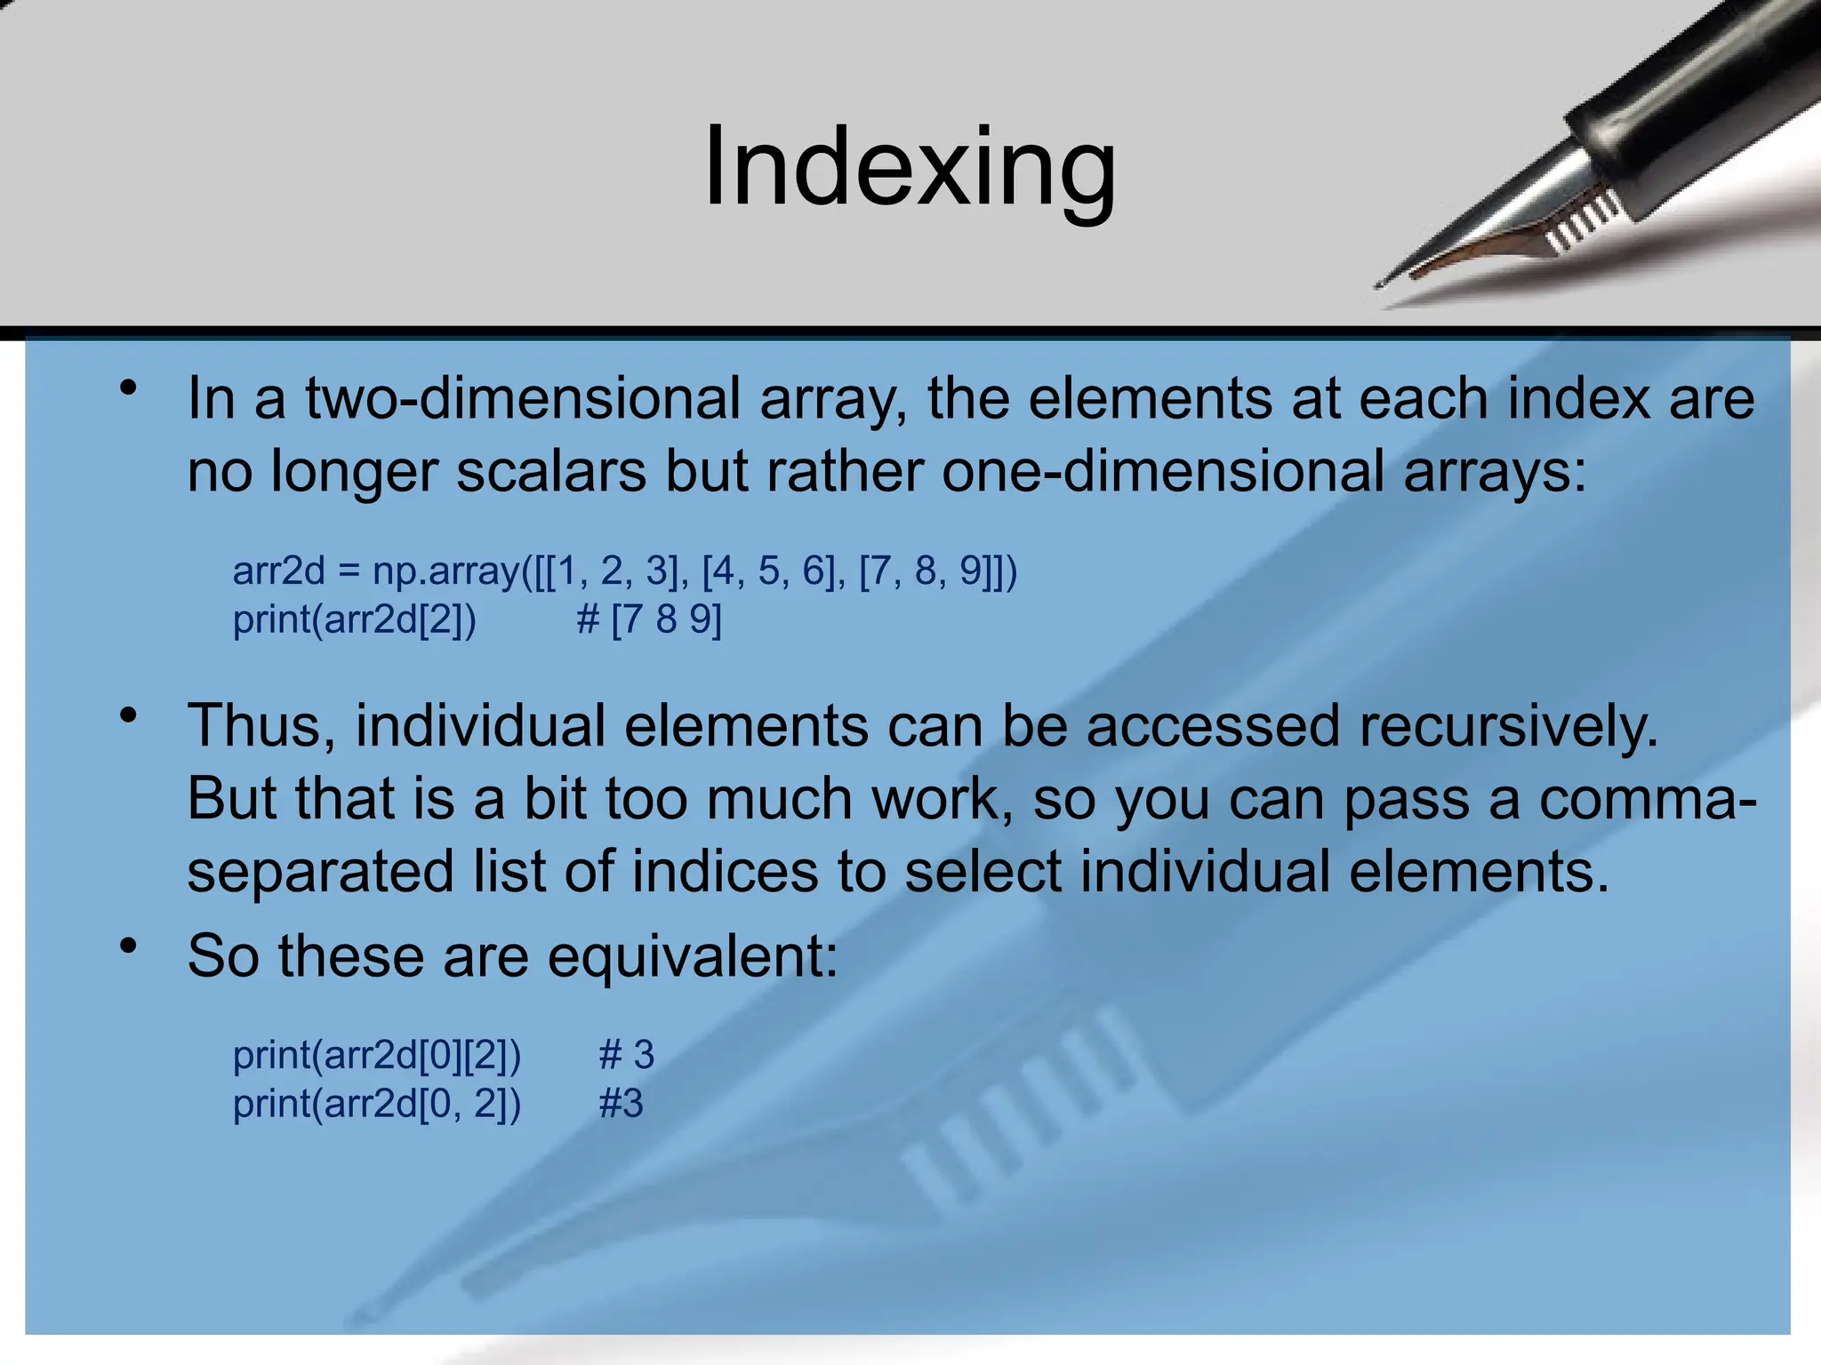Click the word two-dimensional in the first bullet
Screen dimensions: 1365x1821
click(523, 399)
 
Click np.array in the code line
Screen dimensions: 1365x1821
click(445, 571)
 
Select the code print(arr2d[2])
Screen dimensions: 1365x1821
click(354, 619)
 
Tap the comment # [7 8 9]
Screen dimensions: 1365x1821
click(649, 619)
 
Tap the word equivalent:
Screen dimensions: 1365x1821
click(692, 957)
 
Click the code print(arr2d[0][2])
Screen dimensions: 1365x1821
click(376, 1056)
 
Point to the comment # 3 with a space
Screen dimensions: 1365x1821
click(626, 1056)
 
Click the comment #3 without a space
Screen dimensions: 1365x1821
click(621, 1105)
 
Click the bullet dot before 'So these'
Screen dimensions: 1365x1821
click(130, 946)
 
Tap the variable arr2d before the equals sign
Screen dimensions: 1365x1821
click(278, 571)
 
